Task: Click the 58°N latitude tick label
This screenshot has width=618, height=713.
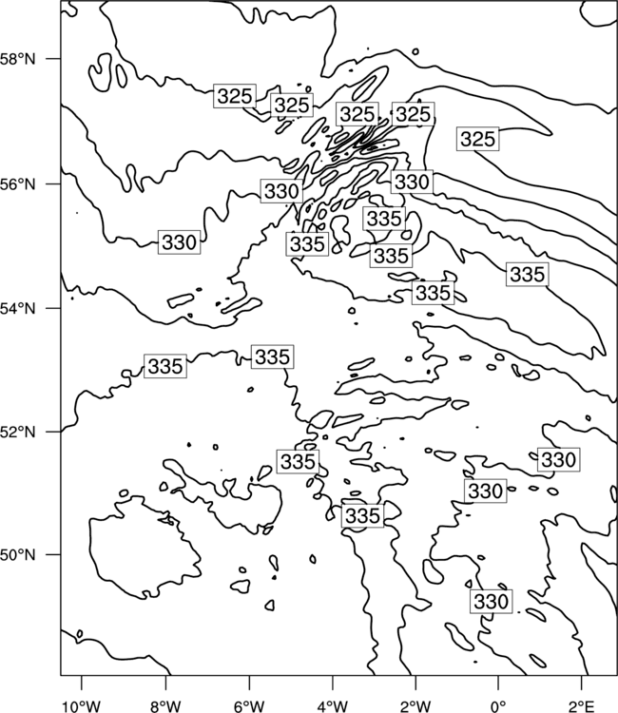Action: [18, 59]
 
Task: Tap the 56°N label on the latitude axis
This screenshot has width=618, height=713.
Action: [18, 184]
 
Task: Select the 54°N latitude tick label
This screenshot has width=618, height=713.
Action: [18, 309]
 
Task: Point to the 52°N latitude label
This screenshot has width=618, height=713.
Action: [18, 432]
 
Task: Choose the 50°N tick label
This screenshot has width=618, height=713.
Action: [18, 555]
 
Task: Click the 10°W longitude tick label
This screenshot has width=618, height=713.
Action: [82, 706]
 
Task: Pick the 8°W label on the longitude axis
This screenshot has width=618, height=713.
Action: [165, 706]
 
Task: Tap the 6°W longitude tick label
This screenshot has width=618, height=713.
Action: [249, 706]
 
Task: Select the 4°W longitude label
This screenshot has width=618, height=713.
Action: [333, 706]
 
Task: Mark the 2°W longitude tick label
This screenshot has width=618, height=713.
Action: [415, 706]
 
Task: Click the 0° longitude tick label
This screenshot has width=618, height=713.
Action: [498, 706]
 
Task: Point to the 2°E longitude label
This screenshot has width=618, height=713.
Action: [582, 706]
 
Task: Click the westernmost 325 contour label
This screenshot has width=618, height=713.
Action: [235, 96]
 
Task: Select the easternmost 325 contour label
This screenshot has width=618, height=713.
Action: [477, 139]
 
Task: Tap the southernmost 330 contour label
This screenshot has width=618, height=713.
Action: [491, 602]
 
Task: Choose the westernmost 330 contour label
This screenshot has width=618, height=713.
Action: [179, 241]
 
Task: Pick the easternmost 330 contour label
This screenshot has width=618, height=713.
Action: [558, 460]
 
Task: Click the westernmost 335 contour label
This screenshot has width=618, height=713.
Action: [165, 366]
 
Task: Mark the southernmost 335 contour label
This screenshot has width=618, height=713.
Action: [362, 515]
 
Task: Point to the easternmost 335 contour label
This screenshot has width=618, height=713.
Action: [528, 274]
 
